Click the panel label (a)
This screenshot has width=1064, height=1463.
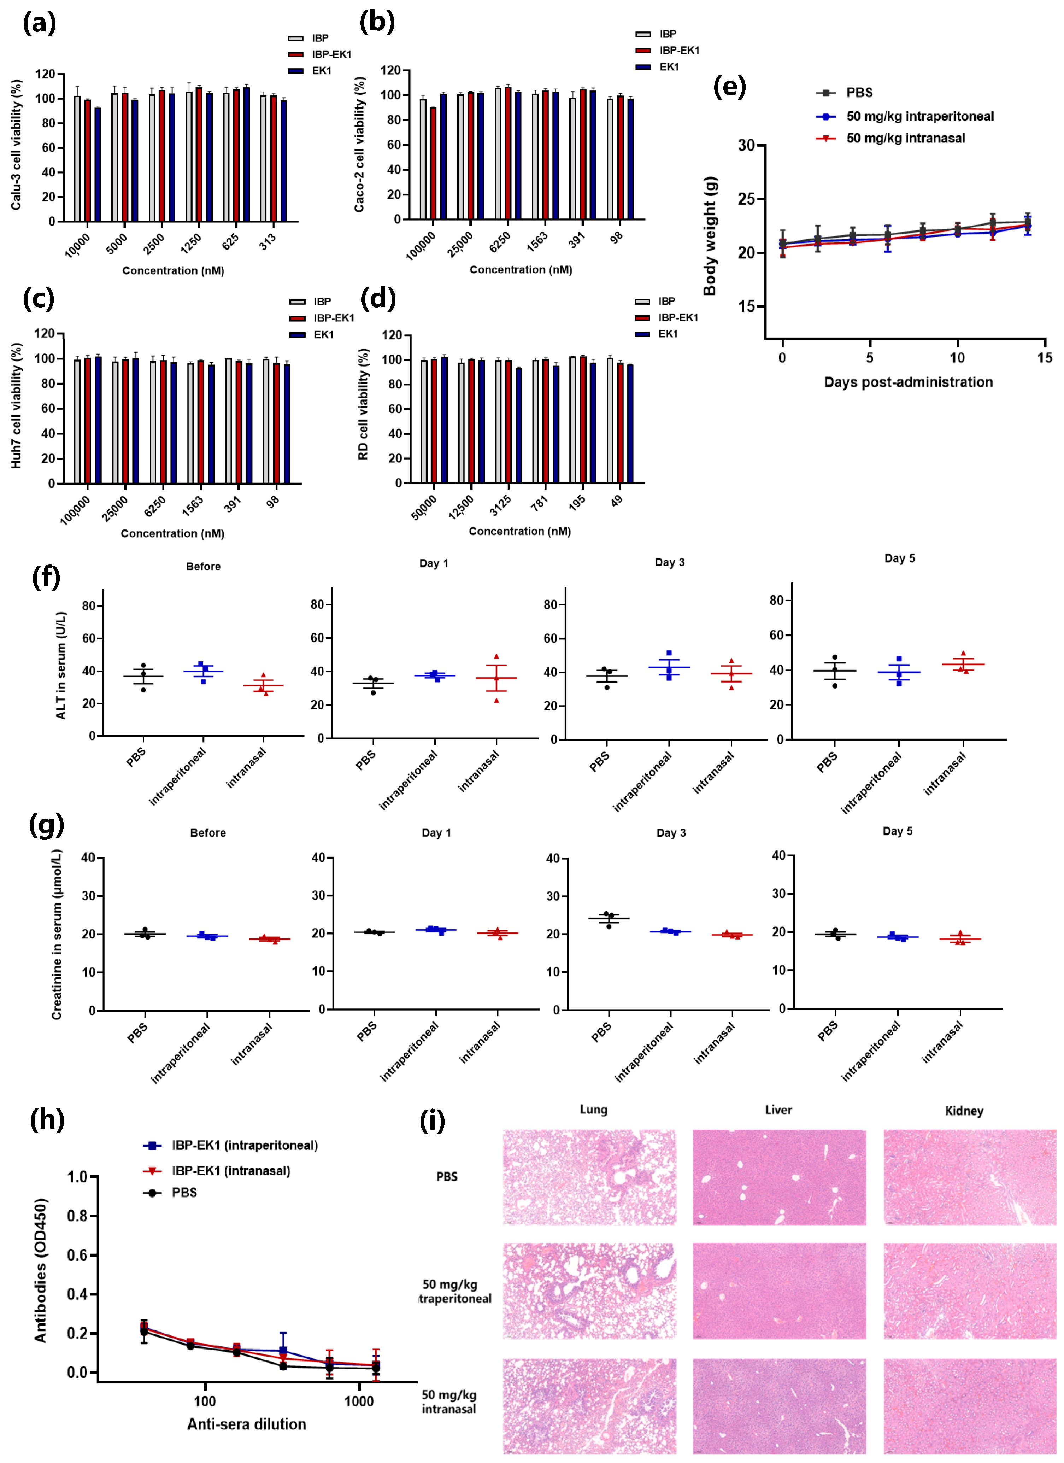pos(39,24)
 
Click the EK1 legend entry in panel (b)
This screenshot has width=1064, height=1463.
pos(669,67)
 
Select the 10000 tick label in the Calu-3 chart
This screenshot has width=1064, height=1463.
pos(78,245)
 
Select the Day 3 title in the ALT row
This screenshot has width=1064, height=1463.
pos(669,562)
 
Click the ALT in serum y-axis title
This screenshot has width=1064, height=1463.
pos(61,665)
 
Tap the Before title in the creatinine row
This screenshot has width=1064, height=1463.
pos(208,833)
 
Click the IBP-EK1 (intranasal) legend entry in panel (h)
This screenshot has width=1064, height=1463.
pos(230,1171)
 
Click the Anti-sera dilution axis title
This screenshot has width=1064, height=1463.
pos(246,1424)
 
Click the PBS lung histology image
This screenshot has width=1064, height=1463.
pos(589,1177)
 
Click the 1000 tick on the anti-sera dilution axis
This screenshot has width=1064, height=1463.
pos(359,1401)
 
